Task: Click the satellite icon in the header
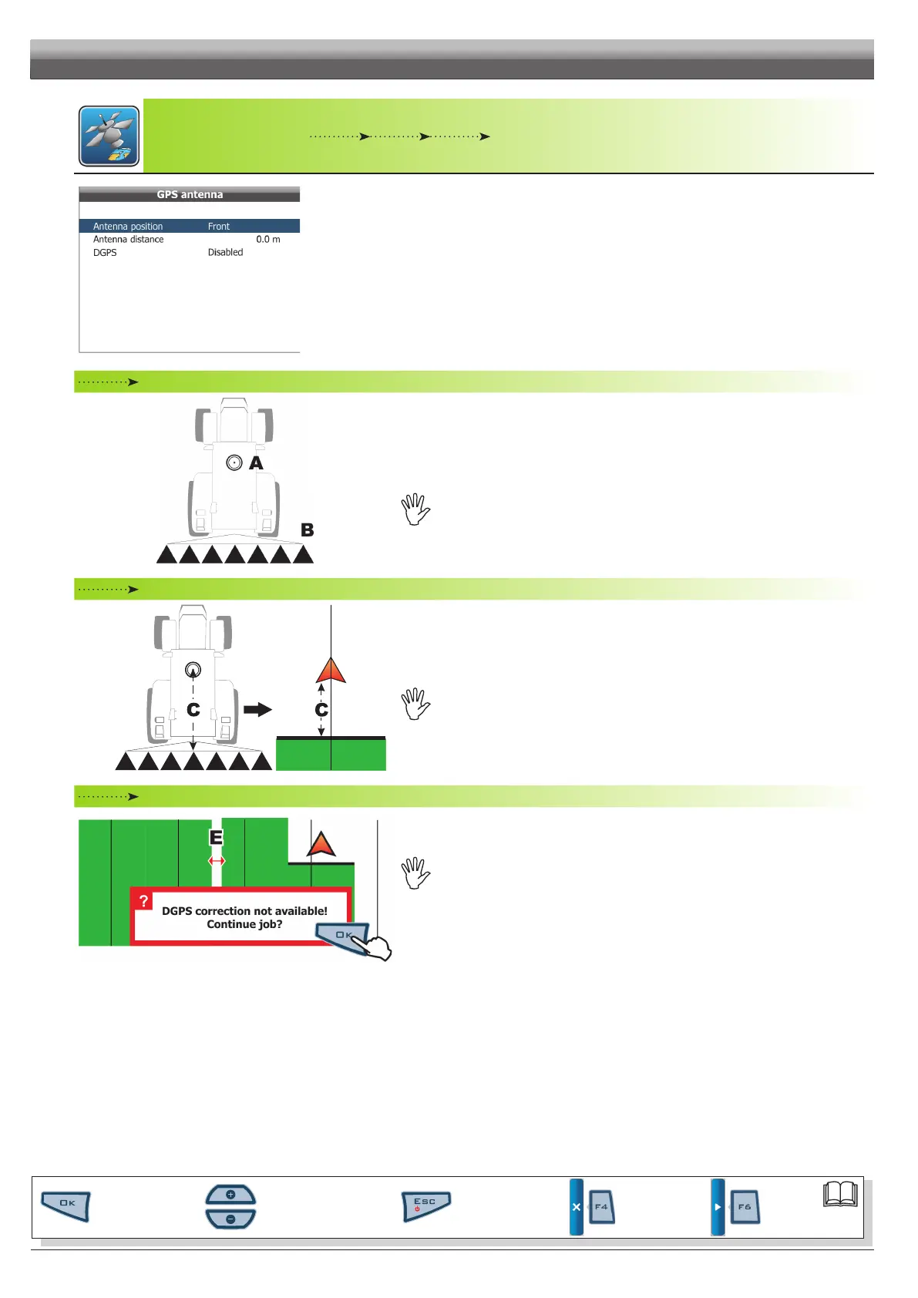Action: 109,136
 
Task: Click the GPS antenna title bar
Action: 190,194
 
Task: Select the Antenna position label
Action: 128,227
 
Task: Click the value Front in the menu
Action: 219,227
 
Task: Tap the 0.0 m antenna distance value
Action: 268,240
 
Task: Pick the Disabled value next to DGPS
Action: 225,253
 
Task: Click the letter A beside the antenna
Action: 256,463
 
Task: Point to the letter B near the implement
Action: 307,530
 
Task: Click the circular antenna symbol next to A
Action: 234,462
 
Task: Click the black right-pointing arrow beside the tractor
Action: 257,709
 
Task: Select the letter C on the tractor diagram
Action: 193,710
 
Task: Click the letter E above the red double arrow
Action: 216,838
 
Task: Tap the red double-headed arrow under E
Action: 217,861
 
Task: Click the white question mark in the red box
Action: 143,901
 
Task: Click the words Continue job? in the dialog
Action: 244,925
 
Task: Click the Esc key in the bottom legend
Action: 425,1206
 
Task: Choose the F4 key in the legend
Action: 600,1207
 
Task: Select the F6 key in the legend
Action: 744,1207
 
